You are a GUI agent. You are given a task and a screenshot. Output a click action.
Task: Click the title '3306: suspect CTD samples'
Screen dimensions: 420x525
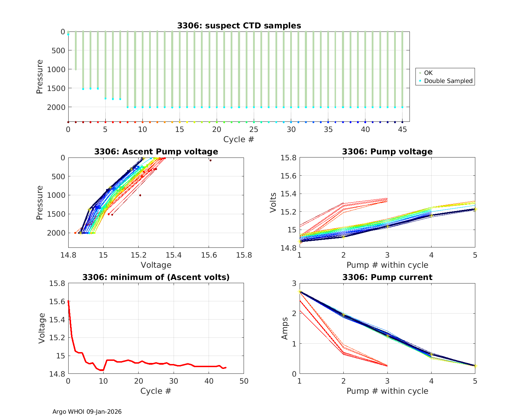click(239, 26)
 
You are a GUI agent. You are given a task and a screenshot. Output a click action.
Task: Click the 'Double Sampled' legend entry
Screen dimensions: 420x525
click(448, 81)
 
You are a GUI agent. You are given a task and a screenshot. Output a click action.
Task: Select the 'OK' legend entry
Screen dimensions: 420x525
click(428, 73)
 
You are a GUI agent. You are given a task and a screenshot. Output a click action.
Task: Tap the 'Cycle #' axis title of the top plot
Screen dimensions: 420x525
click(239, 139)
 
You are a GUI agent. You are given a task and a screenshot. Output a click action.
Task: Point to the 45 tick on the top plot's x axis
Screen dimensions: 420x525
click(402, 129)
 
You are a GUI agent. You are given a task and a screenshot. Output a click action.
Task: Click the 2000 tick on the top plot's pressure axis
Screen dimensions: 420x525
click(56, 107)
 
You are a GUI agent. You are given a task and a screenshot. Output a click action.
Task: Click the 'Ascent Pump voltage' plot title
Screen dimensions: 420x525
click(156, 152)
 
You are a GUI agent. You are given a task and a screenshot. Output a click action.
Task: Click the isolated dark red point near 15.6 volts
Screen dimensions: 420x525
click(210, 160)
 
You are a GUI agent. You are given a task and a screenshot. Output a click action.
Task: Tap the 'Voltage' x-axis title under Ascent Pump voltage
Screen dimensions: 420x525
click(156, 265)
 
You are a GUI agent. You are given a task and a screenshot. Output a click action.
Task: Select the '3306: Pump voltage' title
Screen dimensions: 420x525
click(387, 152)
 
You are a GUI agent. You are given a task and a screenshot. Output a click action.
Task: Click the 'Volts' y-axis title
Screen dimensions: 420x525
click(273, 203)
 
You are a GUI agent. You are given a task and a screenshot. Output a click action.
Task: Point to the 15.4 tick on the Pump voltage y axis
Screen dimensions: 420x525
click(289, 194)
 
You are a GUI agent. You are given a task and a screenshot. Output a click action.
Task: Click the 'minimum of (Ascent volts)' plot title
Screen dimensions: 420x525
click(156, 277)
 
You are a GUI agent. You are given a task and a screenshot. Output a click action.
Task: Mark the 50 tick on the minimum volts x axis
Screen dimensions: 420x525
click(244, 381)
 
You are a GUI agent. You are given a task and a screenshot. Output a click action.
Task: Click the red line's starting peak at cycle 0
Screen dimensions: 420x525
click(68, 301)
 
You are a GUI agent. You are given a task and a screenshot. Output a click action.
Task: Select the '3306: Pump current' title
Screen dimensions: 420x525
click(387, 277)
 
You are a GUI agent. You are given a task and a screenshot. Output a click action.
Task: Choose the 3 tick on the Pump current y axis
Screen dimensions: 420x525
click(294, 283)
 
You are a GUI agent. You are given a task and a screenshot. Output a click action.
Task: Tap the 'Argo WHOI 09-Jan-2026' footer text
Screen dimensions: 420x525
click(87, 412)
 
